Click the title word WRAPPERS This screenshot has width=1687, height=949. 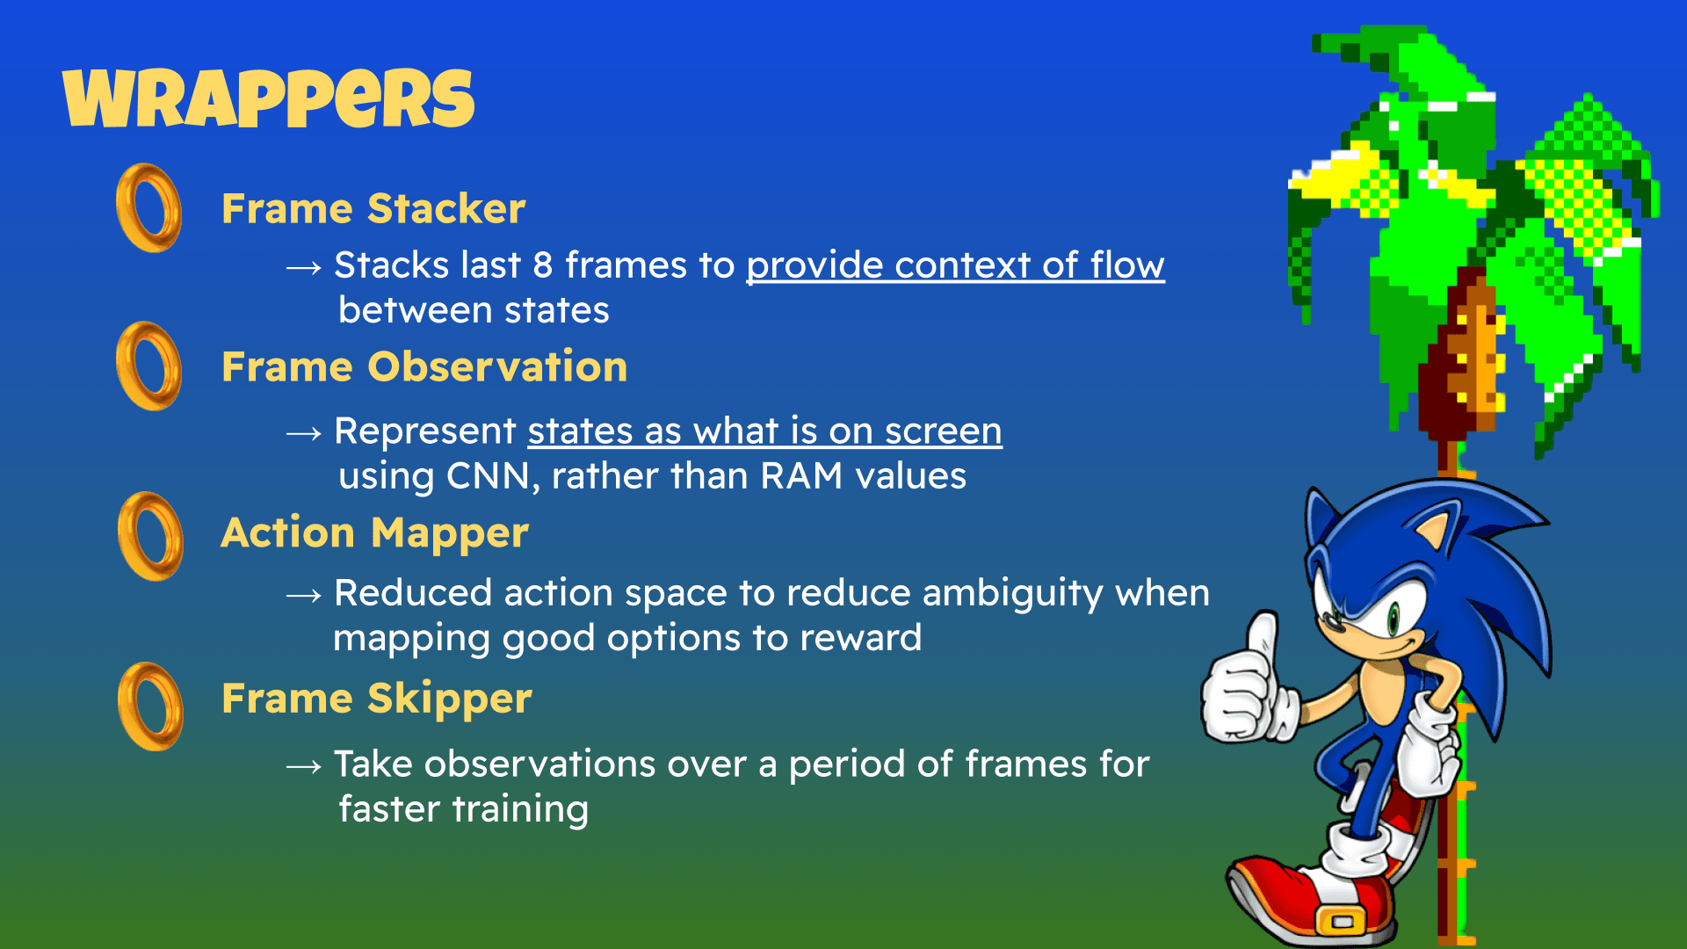point(269,98)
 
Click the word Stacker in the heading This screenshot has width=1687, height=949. point(446,209)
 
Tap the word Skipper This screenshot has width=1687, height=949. point(450,700)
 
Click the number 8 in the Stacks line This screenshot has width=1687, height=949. point(543,265)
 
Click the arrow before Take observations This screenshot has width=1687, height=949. point(304,767)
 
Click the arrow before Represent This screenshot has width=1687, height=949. point(304,433)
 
